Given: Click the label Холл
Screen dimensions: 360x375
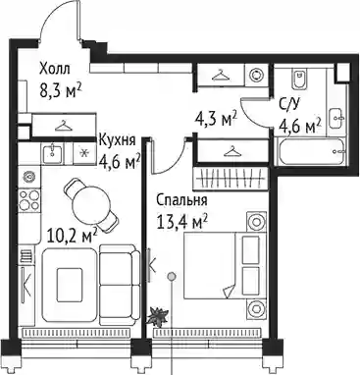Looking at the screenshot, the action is (55, 70).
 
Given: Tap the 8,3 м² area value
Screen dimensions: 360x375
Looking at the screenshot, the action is (61, 91).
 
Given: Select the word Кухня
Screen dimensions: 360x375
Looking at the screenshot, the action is (117, 140).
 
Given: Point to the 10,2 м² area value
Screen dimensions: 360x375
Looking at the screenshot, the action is (73, 236).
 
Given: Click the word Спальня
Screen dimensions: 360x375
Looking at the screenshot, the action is (181, 200).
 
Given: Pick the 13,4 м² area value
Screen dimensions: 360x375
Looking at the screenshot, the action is (182, 223).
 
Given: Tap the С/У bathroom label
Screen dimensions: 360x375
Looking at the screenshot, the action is (289, 105).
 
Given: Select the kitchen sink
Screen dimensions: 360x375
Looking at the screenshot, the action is (53, 152).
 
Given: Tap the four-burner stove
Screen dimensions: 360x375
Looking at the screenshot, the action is (29, 200).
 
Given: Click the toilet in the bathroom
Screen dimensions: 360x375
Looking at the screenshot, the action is (298, 79).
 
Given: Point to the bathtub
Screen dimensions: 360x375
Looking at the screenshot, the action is (311, 152).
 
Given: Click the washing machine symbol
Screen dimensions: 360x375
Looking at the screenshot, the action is (257, 75).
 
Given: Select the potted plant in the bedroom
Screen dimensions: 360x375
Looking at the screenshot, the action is (158, 316).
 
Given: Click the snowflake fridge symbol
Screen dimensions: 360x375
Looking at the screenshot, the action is (84, 153).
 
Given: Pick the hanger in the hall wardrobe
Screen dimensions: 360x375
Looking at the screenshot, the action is (63, 126).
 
